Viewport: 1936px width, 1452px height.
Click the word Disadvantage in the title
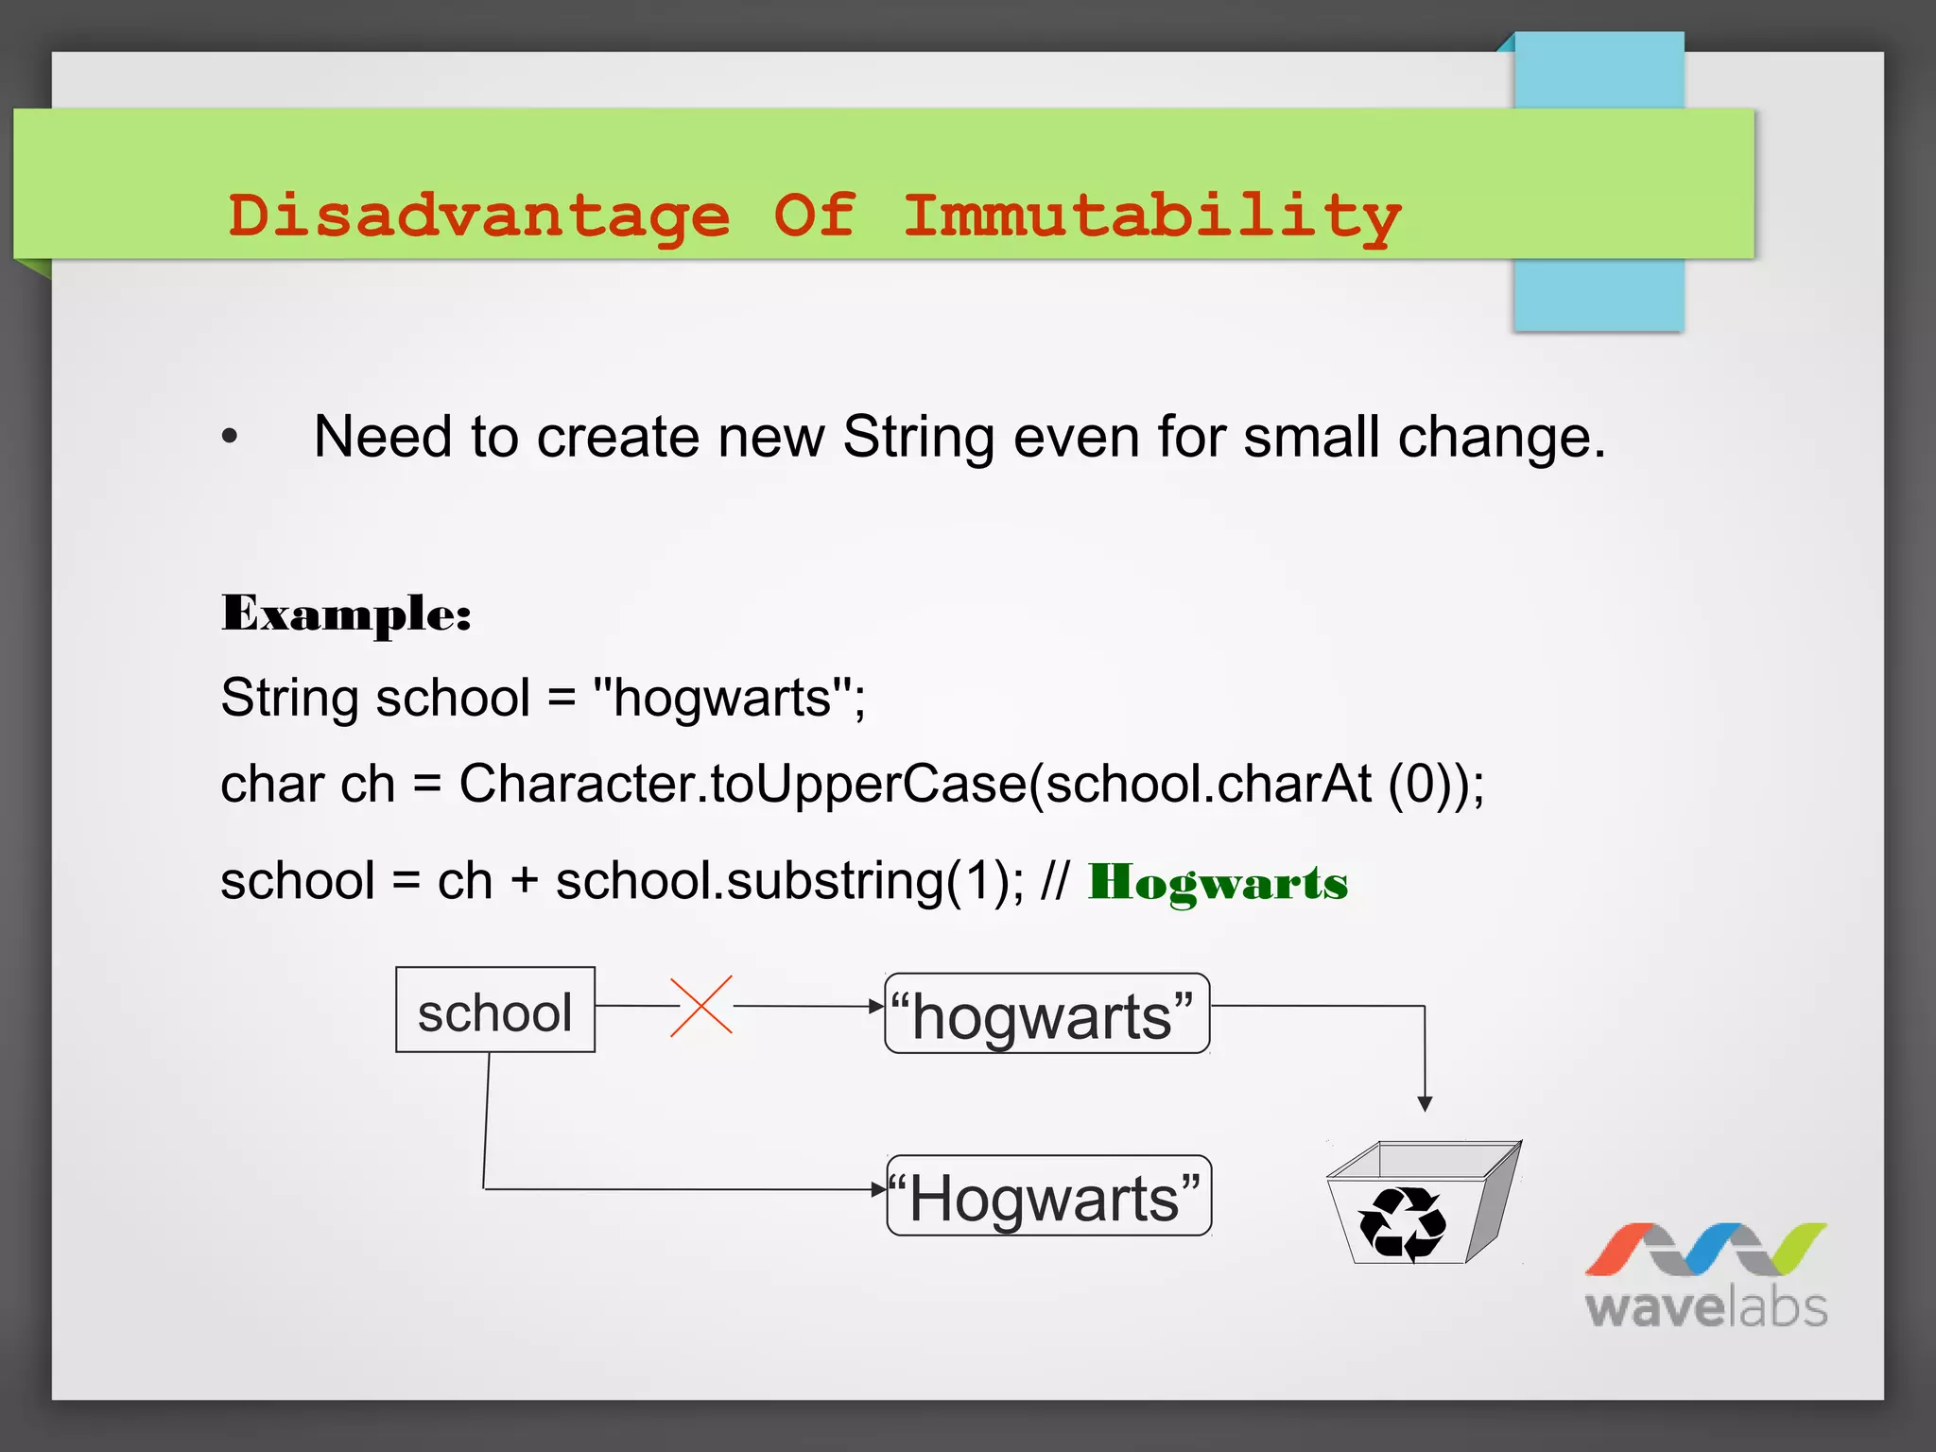(x=479, y=216)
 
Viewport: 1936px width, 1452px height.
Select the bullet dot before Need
(x=230, y=437)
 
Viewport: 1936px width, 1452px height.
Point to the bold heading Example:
(x=346, y=614)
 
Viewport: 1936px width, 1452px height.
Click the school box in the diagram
(x=495, y=1010)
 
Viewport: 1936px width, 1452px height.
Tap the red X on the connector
(x=701, y=1006)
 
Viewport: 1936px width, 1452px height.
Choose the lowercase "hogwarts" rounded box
(x=1046, y=1013)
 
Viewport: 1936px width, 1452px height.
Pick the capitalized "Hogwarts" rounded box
(x=1048, y=1196)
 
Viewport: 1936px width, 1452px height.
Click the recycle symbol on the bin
(x=1402, y=1223)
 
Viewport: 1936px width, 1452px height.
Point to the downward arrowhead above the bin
(x=1425, y=1103)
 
